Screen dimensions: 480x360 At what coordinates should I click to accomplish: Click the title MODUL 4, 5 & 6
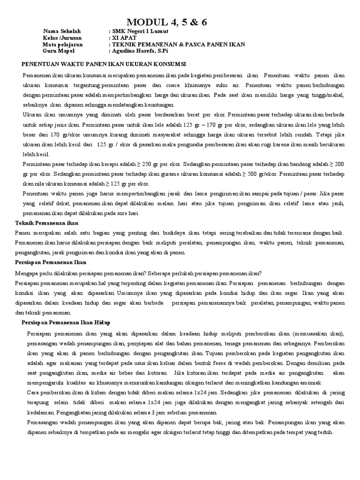pyautogui.click(x=167, y=22)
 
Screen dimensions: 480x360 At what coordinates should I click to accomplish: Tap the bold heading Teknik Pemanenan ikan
pyautogui.click(x=47, y=223)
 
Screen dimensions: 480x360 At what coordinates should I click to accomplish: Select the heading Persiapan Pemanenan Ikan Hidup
pyautogui.click(x=66, y=323)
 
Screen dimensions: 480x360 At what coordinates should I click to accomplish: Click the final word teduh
pyautogui.click(x=325, y=433)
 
